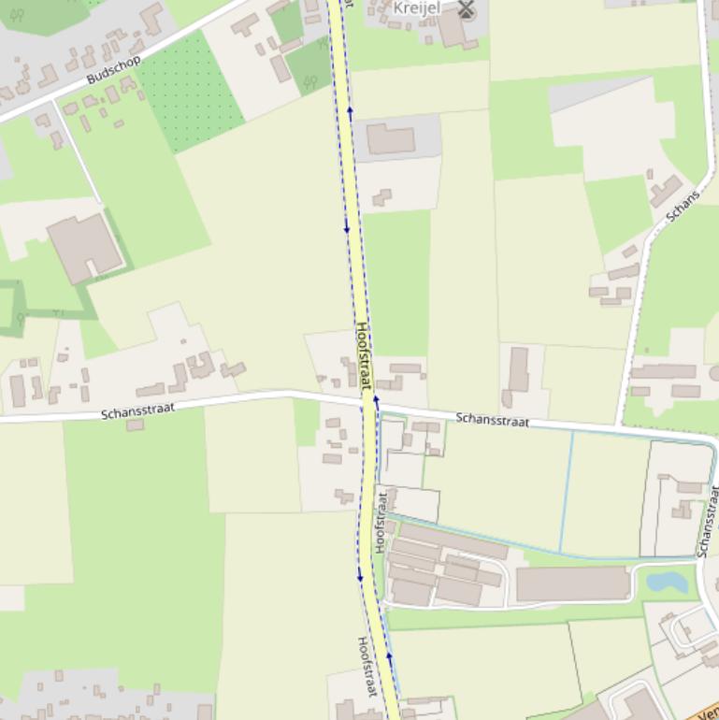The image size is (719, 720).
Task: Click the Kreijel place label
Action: click(x=416, y=7)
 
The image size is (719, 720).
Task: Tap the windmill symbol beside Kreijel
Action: click(x=466, y=9)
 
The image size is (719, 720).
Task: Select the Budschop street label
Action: click(x=113, y=69)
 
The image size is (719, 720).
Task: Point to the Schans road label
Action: click(x=683, y=206)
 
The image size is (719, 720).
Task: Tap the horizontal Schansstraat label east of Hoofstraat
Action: click(x=492, y=420)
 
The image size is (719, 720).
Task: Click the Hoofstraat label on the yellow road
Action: click(x=364, y=355)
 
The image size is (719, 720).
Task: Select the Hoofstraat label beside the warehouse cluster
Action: click(x=381, y=522)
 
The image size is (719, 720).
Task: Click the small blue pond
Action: click(x=666, y=583)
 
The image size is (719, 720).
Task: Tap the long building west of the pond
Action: click(x=571, y=583)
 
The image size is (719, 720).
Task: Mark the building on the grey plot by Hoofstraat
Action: click(x=390, y=139)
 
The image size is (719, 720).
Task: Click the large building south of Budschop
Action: click(x=84, y=245)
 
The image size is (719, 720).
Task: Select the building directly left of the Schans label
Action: click(x=665, y=191)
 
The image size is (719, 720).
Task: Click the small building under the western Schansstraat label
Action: click(x=135, y=425)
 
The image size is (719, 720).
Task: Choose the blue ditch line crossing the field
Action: click(x=567, y=491)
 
